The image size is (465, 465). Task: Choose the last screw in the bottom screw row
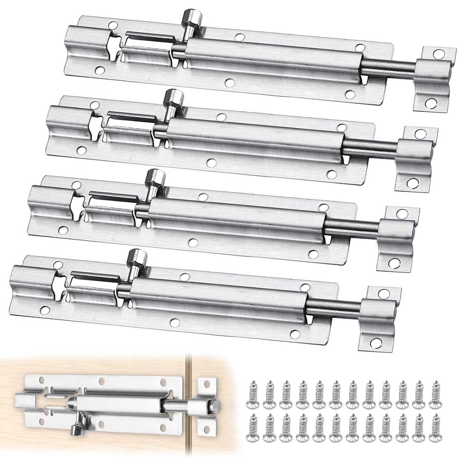coord(435,431)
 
